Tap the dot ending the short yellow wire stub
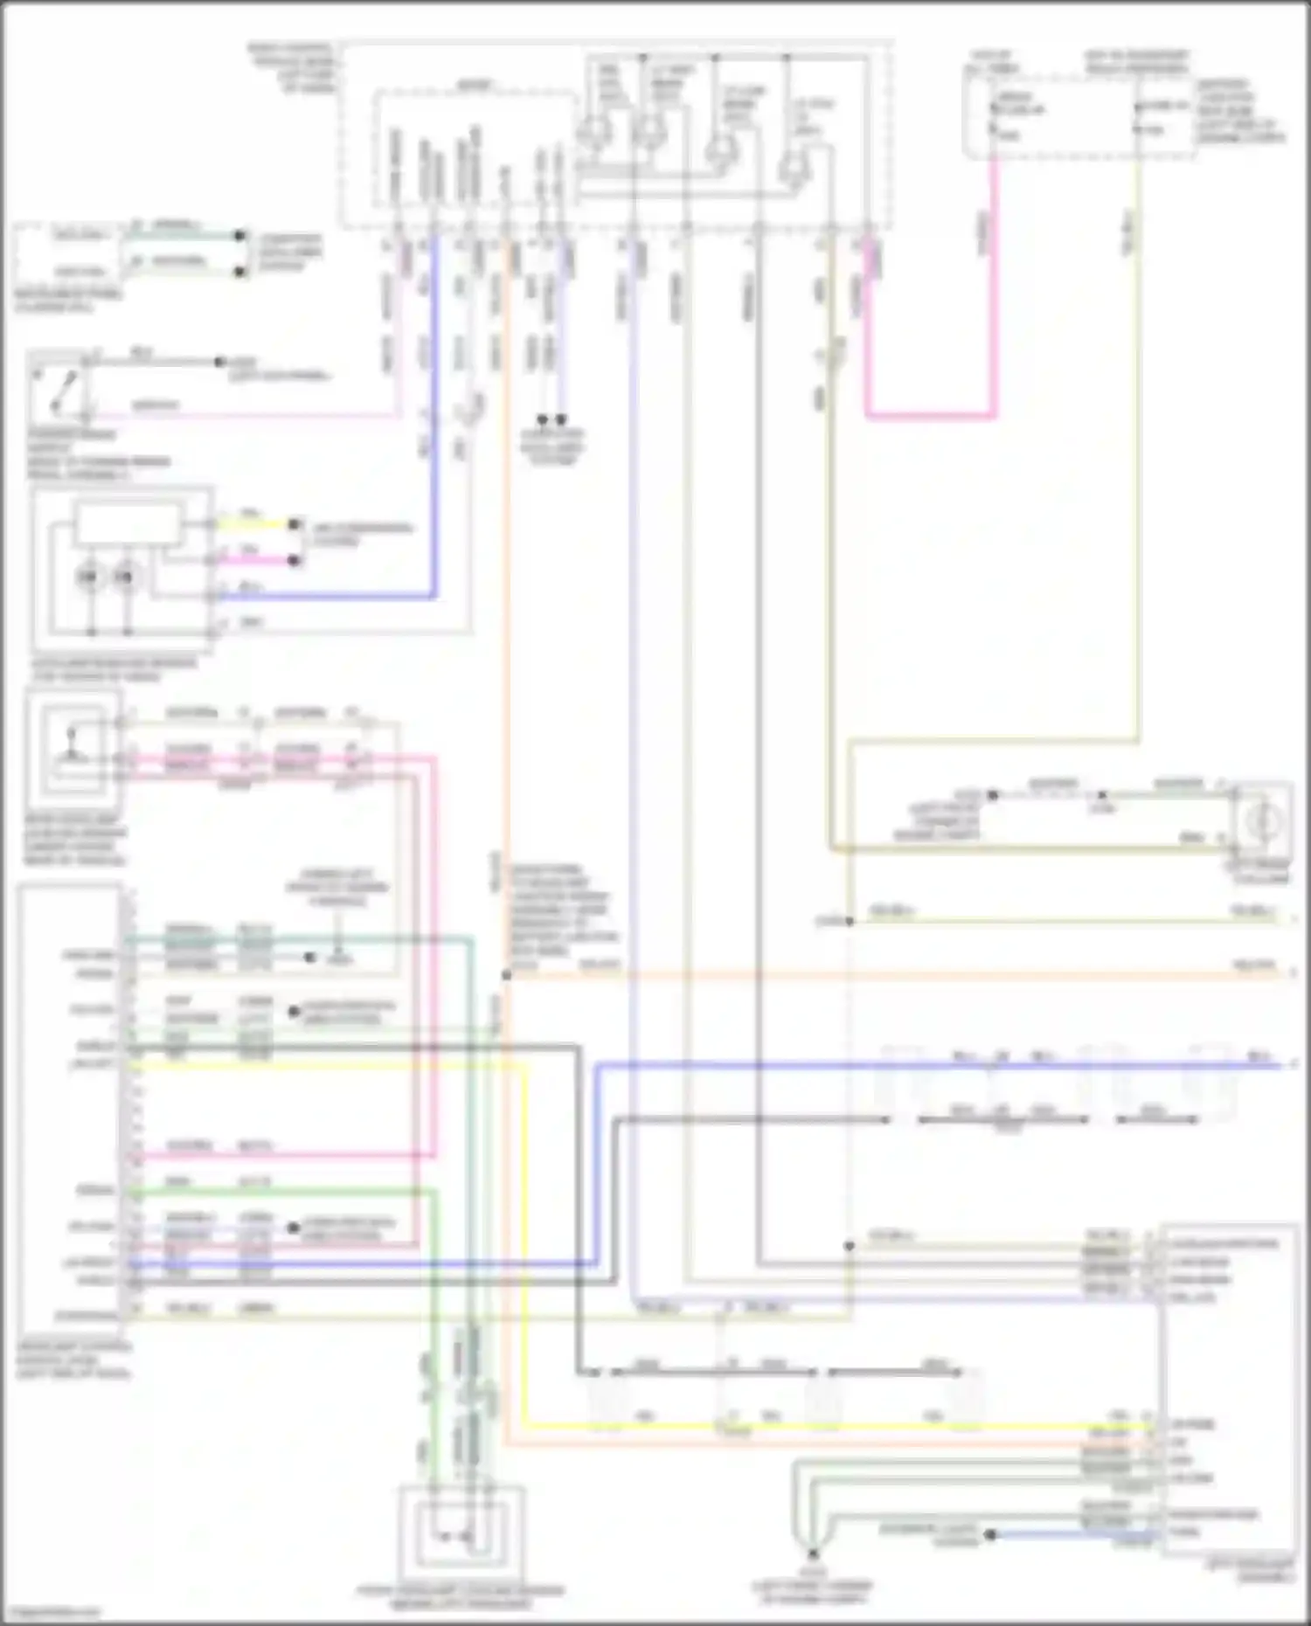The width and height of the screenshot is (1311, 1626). tap(294, 525)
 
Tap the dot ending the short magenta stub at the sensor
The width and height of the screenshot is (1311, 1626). tap(294, 560)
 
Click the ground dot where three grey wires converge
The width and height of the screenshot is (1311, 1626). tap(812, 1554)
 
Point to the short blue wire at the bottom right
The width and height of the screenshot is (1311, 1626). tap(1075, 1533)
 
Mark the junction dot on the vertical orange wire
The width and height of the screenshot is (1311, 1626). tap(506, 974)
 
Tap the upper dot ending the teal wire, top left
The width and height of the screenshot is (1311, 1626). tap(239, 236)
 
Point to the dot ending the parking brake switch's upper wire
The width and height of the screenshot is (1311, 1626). tap(219, 361)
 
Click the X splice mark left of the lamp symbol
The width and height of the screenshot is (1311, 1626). tap(1102, 796)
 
